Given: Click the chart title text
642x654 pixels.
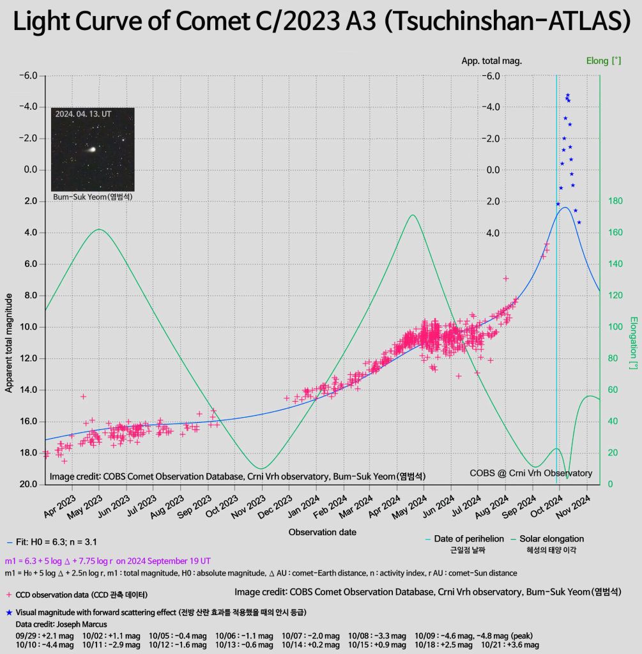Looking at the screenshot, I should point(321,23).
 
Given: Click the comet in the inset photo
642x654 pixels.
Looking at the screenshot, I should point(91,149).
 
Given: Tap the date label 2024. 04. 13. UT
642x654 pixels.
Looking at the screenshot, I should point(84,114).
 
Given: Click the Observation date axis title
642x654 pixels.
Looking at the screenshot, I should point(322,532).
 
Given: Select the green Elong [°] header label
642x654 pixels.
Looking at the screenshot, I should point(604,61).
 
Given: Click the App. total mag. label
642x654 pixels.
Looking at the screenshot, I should point(491,61).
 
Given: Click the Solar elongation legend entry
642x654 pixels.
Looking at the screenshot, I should point(551,539).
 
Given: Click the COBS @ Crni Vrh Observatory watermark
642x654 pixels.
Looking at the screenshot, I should point(530,473).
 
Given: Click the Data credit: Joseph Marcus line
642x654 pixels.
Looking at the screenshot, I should point(52,624).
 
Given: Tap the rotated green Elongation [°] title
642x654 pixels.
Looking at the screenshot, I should point(634,343).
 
